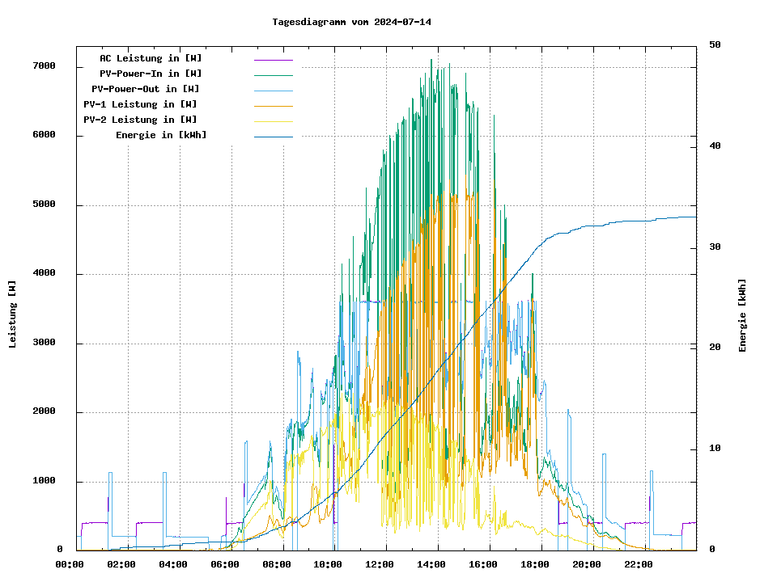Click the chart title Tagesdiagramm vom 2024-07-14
point(351,22)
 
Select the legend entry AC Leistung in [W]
point(151,58)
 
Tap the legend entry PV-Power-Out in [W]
point(145,89)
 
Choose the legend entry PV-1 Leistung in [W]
point(140,104)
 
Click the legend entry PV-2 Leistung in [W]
point(140,120)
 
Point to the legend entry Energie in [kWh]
point(161,135)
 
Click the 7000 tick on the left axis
point(43,66)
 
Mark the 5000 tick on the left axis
point(43,205)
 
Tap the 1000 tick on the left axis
point(43,482)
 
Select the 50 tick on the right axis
point(715,44)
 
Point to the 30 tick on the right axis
point(715,247)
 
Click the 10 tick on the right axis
point(715,449)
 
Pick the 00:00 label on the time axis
point(70,564)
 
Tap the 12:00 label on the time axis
point(380,564)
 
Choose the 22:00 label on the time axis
point(638,564)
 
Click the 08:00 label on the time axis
point(276,564)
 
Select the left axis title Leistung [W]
point(12,314)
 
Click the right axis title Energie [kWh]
point(742,315)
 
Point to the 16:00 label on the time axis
point(483,564)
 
